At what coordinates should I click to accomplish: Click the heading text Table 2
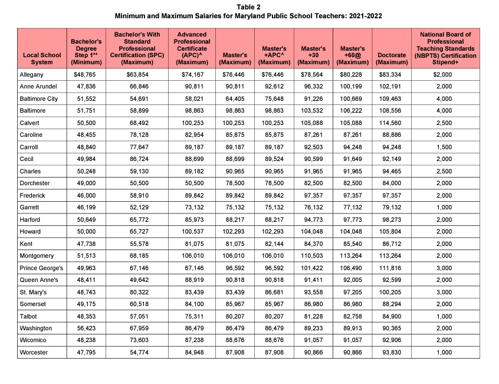(x=248, y=6)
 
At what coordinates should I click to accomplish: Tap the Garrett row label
(x=29, y=208)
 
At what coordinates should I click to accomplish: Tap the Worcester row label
(x=33, y=352)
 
